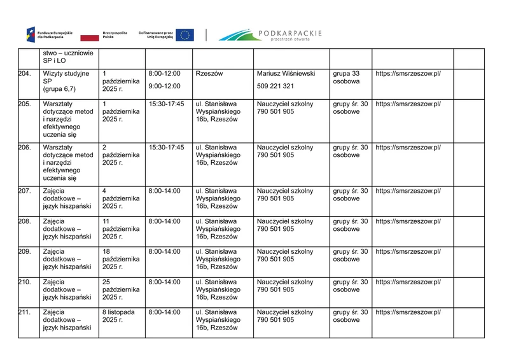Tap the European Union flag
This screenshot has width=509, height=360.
coord(185,35)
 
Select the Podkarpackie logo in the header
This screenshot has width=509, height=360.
coord(270,35)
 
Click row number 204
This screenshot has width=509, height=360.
coord(25,74)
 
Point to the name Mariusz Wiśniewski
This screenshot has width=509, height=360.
coord(286,74)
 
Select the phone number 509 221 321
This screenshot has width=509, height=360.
coord(275,86)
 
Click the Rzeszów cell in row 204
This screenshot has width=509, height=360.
coord(209,74)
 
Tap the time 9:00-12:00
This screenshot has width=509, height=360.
coord(164,86)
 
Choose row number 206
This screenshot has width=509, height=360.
coord(25,148)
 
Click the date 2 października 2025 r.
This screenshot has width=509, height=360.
coord(120,155)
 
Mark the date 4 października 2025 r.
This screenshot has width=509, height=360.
coord(120,198)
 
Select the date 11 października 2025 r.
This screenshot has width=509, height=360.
coord(120,229)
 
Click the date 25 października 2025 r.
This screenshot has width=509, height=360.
coord(120,289)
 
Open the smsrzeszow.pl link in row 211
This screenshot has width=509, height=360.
coord(408,312)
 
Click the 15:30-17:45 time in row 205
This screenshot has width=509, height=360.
coord(166,104)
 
